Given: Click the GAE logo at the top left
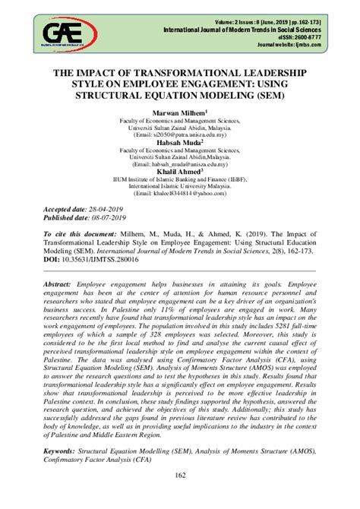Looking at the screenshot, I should (x=70, y=33).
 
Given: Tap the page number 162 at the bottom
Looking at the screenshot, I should (x=179, y=497).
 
